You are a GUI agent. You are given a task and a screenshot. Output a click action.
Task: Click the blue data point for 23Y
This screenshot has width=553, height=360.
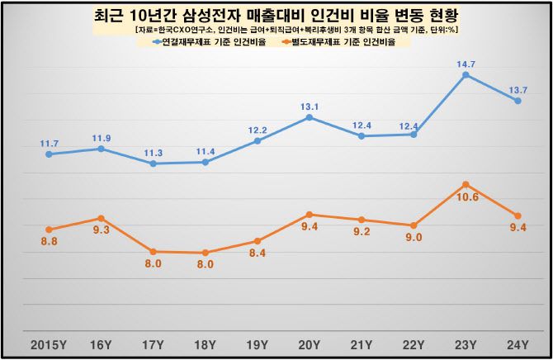tap(466, 75)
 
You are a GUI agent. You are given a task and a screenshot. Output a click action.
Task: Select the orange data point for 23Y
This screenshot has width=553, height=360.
tap(466, 184)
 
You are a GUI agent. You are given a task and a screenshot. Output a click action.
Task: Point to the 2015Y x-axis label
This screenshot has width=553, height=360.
tap(49, 344)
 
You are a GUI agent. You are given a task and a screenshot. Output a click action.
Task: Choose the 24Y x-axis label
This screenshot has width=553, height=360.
tap(518, 344)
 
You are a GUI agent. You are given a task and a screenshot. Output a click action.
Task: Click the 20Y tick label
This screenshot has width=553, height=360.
tap(309, 344)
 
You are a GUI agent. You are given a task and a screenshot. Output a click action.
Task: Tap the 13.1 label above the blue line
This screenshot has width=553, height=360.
tap(310, 105)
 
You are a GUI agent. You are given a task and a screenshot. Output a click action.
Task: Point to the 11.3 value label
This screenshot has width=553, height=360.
tap(154, 152)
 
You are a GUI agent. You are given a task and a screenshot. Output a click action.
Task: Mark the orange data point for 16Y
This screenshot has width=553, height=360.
tap(101, 218)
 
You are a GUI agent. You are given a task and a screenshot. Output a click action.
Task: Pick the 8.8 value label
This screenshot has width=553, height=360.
tap(49, 241)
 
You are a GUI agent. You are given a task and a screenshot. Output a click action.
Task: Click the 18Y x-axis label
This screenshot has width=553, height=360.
tap(205, 344)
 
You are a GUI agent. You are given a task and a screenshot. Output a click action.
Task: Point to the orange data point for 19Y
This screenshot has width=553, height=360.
tap(257, 241)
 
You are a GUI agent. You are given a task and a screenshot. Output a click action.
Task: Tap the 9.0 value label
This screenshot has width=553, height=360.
tap(414, 238)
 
